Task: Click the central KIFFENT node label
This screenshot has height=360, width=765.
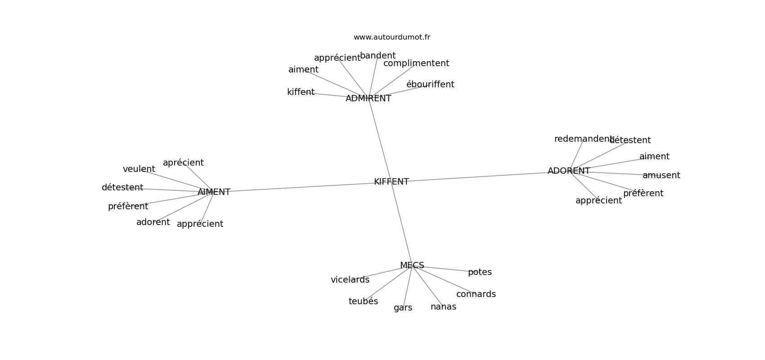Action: pos(391,182)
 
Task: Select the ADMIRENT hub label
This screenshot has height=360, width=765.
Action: pos(368,99)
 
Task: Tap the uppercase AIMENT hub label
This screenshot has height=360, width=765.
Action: pos(214,192)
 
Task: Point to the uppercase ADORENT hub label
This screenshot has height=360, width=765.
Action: pos(569,171)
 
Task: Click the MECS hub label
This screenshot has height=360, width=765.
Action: pos(412,265)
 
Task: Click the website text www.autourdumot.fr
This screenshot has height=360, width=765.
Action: pos(391,37)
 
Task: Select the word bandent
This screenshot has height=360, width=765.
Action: pos(378,56)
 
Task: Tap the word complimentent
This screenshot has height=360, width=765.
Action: pos(416,63)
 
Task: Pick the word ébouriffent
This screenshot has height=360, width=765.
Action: pos(430,84)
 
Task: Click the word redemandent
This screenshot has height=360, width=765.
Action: pos(583,139)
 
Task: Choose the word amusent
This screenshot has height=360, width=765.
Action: pos(661,175)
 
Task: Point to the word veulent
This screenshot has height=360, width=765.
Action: pos(139,169)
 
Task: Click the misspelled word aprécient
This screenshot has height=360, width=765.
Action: pos(183,163)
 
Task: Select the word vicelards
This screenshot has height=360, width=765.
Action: pos(350,280)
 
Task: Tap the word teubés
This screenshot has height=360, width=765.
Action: pos(363,301)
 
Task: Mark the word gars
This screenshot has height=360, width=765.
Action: pos(403,308)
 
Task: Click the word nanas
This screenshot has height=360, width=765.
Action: pos(443,307)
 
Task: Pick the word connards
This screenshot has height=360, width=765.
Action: pos(476,294)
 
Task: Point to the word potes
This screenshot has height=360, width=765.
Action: pos(480,272)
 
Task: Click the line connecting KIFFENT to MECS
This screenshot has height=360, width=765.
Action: pos(401,223)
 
